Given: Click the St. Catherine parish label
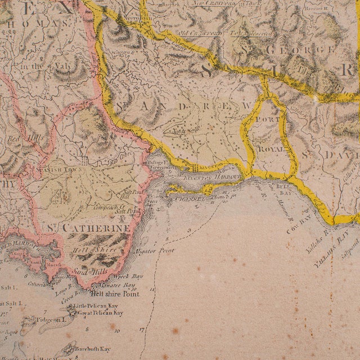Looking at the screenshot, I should (x=96, y=228).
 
